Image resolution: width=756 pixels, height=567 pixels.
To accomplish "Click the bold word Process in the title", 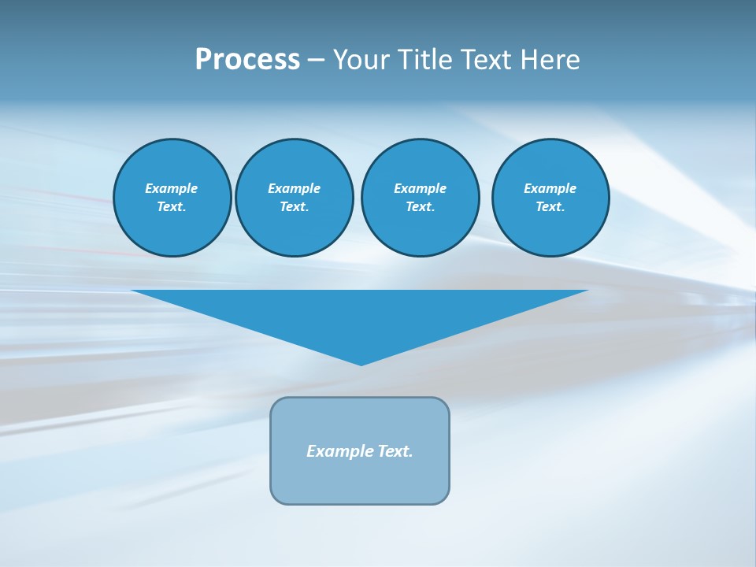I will [x=247, y=60].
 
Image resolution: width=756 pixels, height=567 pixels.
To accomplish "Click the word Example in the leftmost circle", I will [x=172, y=188].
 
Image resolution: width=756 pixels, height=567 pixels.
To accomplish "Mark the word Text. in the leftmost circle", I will [x=172, y=207].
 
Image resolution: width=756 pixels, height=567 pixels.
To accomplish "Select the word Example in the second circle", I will [x=294, y=188].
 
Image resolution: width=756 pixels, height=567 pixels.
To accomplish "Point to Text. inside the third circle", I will [x=420, y=207].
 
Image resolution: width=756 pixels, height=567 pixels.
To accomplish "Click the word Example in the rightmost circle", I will [x=550, y=188].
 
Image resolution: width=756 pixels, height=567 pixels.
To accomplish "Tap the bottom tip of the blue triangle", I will [x=361, y=363].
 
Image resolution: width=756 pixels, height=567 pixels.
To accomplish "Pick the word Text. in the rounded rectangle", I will [x=395, y=451].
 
